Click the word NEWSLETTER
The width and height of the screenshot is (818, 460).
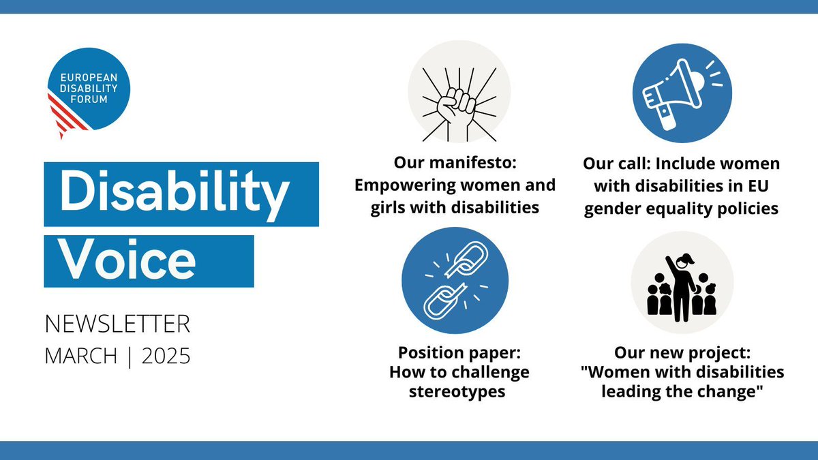pos(118,324)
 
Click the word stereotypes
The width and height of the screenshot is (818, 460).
pos(458,393)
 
